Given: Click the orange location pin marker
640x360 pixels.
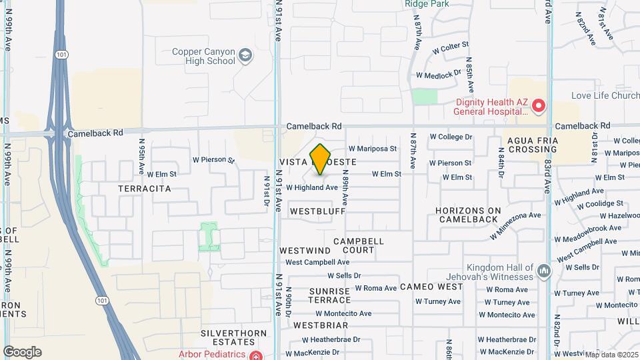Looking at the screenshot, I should [321, 159].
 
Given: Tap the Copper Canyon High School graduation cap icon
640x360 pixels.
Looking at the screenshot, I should [246, 56].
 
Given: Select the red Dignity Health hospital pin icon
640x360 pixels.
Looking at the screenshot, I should [538, 106].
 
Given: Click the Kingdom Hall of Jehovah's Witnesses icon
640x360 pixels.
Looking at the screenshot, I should [544, 271].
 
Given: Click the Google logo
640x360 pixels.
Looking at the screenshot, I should [23, 351].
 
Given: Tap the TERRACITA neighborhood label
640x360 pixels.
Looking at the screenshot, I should [145, 189].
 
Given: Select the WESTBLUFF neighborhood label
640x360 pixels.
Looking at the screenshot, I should [317, 211].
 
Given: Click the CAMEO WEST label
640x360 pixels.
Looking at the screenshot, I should [431, 287].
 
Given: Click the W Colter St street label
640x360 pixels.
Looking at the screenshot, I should [451, 48].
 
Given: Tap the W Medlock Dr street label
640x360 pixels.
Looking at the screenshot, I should [438, 75].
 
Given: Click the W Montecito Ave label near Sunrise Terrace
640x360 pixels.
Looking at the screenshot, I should [343, 313].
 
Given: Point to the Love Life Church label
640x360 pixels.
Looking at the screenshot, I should [606, 96].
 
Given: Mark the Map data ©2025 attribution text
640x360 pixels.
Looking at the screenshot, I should [611, 355].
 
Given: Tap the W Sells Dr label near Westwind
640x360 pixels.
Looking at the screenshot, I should [344, 275].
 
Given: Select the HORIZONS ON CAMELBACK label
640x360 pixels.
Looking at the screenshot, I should [467, 215].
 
